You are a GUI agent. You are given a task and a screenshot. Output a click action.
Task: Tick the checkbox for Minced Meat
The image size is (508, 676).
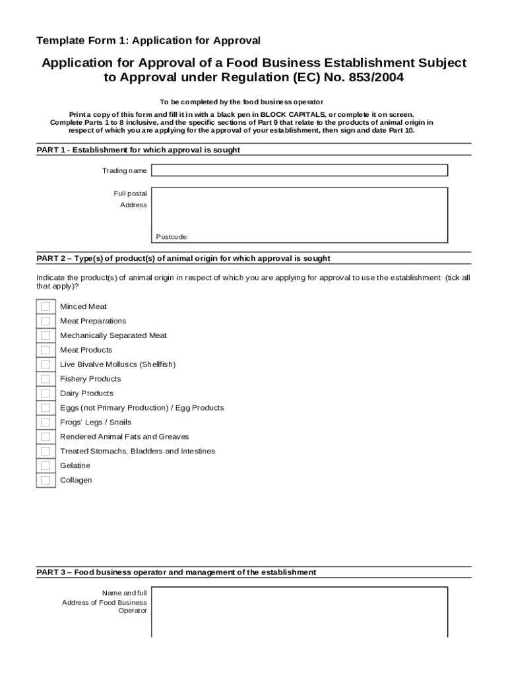pos(45,306)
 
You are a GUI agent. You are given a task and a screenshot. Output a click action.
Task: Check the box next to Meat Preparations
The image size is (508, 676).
pos(45,321)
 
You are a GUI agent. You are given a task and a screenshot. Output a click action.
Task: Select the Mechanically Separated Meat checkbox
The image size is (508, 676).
pos(45,335)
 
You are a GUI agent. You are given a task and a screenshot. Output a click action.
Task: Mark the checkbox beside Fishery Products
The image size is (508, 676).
pos(45,379)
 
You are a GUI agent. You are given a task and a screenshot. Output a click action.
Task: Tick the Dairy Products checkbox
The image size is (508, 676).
pos(45,393)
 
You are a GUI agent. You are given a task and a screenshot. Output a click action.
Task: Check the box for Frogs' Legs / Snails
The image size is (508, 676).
pos(45,422)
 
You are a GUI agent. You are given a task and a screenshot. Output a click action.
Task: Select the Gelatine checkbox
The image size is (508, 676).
pos(45,466)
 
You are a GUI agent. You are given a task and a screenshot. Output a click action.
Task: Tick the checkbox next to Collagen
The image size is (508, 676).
pos(45,481)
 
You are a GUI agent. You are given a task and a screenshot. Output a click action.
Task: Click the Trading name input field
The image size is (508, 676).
pos(299,170)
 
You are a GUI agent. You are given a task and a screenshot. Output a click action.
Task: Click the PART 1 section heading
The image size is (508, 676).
pos(138,150)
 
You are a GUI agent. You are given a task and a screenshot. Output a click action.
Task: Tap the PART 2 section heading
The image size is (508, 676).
pos(183,258)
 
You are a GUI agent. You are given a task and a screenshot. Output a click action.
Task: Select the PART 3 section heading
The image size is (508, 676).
pos(176,572)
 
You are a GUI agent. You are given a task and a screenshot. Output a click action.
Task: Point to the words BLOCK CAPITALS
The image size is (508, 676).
pos(288,114)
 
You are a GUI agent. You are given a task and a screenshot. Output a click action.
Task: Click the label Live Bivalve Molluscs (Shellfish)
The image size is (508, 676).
pos(117,364)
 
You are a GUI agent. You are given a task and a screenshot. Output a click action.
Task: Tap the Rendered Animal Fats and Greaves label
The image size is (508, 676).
pos(124,437)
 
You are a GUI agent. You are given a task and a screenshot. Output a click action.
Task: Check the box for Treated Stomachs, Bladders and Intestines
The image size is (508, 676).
pos(45,452)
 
